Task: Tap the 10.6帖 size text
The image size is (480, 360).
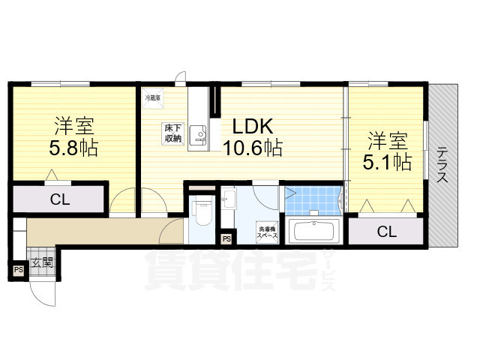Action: click(251, 147)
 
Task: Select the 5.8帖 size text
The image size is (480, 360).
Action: click(73, 147)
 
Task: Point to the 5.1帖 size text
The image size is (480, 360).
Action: click(387, 160)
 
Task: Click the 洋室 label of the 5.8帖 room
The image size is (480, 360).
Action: click(73, 124)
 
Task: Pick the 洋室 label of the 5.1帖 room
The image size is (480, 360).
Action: click(387, 139)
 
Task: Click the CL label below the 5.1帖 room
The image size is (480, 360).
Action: click(385, 232)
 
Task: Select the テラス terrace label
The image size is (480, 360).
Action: click(442, 166)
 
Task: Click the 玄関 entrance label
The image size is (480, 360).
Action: click(42, 262)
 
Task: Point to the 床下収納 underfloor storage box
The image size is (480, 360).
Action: click(172, 133)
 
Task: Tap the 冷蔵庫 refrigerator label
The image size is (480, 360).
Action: click(152, 96)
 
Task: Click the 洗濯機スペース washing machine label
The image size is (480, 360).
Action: click(266, 231)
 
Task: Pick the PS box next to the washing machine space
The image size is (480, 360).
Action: click(226, 239)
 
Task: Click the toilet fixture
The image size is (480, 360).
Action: click(200, 213)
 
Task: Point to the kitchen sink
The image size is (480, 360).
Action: click(197, 135)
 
